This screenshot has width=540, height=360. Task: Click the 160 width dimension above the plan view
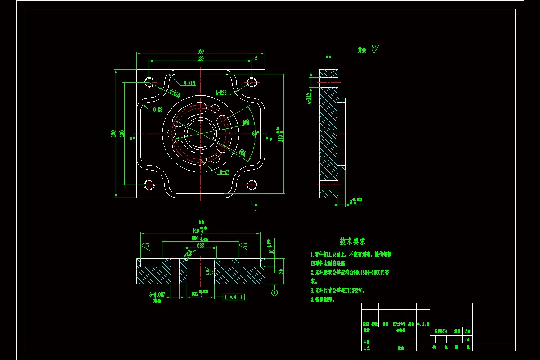coord(200,51)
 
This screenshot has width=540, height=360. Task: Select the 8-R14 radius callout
coord(189,83)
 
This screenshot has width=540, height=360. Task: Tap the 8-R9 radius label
coord(157,109)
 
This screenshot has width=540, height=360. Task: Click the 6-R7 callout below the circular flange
coord(225,171)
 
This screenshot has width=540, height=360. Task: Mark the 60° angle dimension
coord(255,134)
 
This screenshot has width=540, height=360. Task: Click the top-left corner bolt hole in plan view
coord(149,82)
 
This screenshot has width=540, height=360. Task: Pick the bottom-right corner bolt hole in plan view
coord(252,184)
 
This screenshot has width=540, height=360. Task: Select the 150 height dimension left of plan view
coord(114,134)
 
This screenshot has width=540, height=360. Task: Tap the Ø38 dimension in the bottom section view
coord(200,246)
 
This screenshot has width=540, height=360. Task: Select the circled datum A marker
coord(274,293)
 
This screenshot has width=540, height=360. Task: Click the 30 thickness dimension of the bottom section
coord(280,271)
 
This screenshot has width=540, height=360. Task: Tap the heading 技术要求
coord(352,242)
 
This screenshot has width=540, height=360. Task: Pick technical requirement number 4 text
coord(322,300)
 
